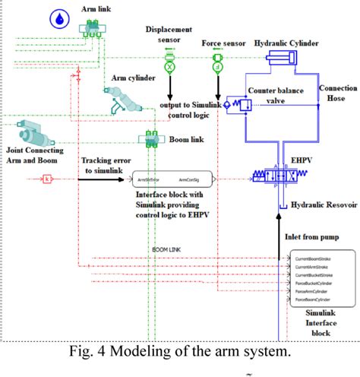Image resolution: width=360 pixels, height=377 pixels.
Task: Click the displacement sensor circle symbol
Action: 169,67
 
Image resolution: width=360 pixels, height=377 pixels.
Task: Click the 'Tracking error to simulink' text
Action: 106,165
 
